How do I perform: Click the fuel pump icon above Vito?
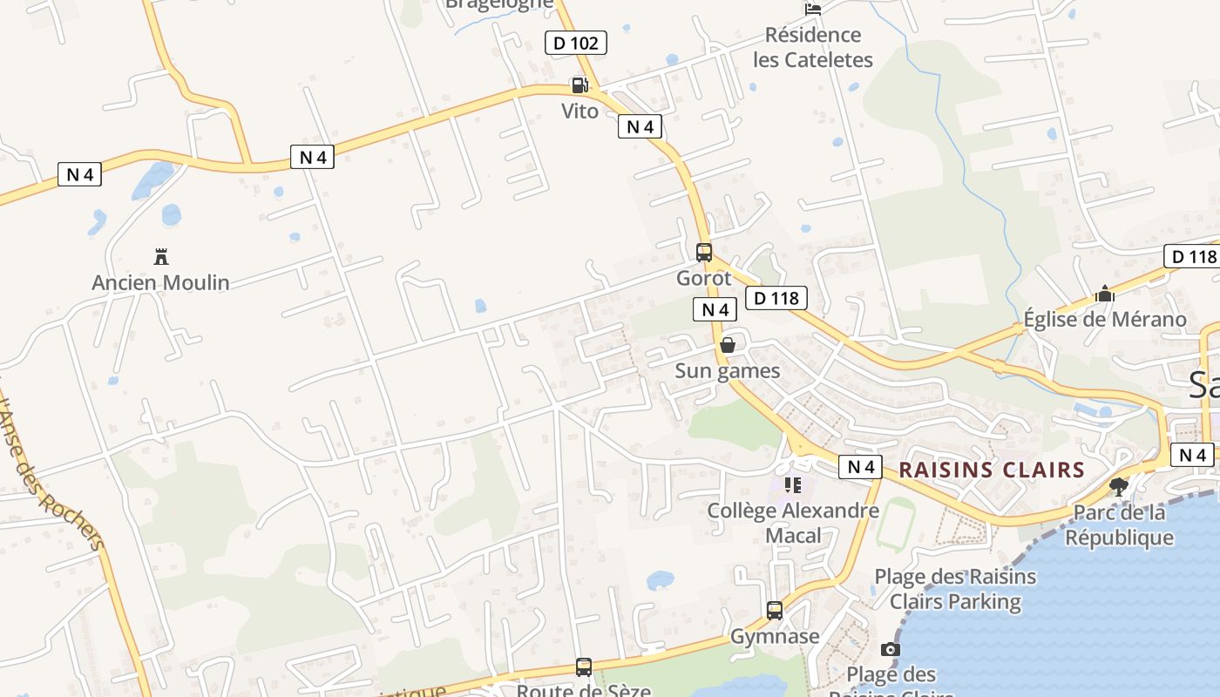tap(579, 85)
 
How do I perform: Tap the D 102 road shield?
tap(575, 43)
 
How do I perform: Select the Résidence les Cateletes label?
tap(812, 48)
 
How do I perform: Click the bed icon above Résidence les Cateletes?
tap(813, 9)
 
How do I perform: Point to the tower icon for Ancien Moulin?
tap(160, 256)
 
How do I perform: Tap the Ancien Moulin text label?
tap(160, 282)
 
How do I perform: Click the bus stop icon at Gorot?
tap(704, 253)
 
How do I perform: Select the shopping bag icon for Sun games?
tap(728, 345)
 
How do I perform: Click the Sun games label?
tap(728, 371)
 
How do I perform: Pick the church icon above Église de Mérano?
tap(1105, 294)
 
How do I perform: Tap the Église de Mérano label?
tap(1105, 319)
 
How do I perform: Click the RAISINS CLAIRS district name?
tap(992, 470)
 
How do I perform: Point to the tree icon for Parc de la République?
tap(1119, 486)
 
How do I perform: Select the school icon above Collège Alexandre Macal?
tap(792, 484)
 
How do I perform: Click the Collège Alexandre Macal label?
tap(793, 523)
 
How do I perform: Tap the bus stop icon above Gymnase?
tap(775, 611)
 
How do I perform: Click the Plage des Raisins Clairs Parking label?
tap(955, 589)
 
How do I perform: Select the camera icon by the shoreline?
tap(890, 649)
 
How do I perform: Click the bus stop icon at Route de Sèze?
tap(584, 667)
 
